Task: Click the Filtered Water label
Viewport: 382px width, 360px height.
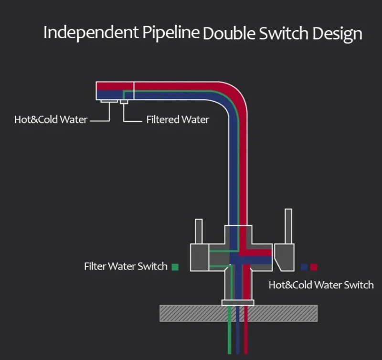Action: (x=177, y=119)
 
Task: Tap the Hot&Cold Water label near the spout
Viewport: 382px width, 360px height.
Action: (x=51, y=119)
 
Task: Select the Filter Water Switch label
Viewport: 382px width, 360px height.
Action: (x=126, y=266)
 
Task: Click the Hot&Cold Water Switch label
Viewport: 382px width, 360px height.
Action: (x=321, y=285)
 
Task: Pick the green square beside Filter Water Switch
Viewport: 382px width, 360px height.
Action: (x=175, y=267)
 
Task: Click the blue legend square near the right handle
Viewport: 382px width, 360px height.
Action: (x=304, y=267)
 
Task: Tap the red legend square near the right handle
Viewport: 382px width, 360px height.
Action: (x=314, y=267)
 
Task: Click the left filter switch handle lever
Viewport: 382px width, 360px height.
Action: (x=199, y=232)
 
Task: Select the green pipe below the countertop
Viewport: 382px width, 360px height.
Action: (x=230, y=334)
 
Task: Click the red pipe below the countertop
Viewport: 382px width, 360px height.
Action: (x=246, y=334)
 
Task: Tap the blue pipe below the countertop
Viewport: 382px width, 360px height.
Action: (x=238, y=334)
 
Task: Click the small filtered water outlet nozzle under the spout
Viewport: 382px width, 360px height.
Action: (x=124, y=101)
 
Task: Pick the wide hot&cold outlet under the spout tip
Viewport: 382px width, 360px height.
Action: (x=109, y=100)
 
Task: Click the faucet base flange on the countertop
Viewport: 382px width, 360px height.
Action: (x=238, y=302)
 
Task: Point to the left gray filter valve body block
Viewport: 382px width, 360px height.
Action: (x=199, y=258)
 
